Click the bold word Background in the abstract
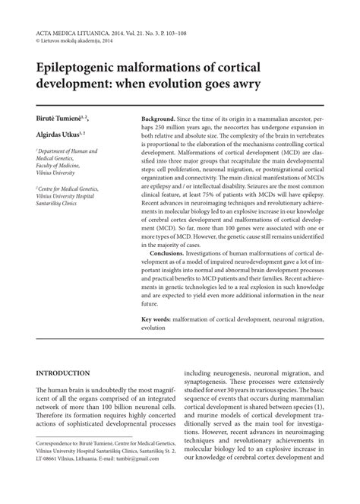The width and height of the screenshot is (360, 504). pyautogui.click(x=158, y=121)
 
